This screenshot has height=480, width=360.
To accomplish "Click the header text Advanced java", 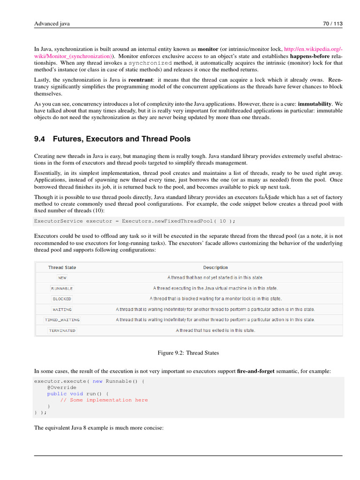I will pyautogui.click(x=52, y=23).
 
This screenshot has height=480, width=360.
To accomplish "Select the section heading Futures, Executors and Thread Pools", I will pyautogui.click(x=112, y=139).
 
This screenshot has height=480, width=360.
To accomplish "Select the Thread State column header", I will pyautogui.click(x=62, y=268).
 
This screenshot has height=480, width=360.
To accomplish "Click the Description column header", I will pyautogui.click(x=216, y=268).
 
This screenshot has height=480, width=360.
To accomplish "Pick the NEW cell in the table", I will pyautogui.click(x=62, y=278).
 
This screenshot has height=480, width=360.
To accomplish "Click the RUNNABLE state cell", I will pyautogui.click(x=62, y=288).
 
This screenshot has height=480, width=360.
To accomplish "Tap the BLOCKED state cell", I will pyautogui.click(x=62, y=299).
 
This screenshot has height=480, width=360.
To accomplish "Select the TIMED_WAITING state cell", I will pyautogui.click(x=62, y=320).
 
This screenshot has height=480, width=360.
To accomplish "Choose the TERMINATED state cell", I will pyautogui.click(x=62, y=330).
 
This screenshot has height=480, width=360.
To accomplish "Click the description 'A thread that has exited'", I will pyautogui.click(x=216, y=330).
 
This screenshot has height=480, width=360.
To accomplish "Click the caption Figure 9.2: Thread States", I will pyautogui.click(x=188, y=353).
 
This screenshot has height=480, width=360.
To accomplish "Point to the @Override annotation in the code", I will pyautogui.click(x=61, y=388).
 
